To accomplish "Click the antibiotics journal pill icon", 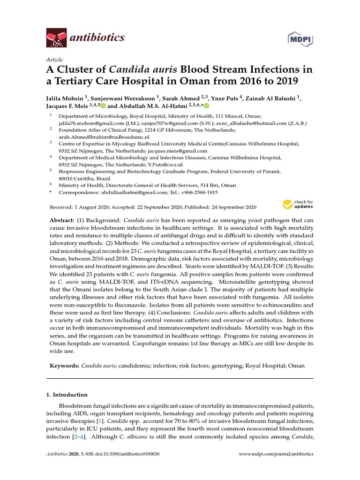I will point(57,37).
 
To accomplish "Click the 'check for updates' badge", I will point(298,204).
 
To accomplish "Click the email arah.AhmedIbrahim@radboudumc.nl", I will point(104,137).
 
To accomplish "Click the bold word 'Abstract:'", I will point(61,220).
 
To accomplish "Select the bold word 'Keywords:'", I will point(64,365).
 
